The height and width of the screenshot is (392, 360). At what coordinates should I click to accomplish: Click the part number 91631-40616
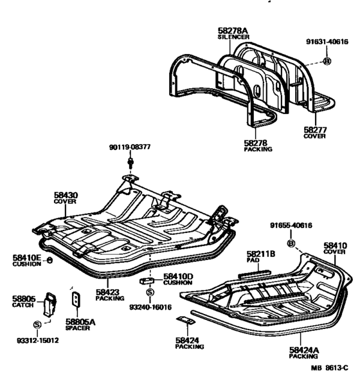pos(327,42)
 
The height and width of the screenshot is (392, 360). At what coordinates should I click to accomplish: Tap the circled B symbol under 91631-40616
pos(327,61)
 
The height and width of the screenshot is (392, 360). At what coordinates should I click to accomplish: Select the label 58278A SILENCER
pos(233,33)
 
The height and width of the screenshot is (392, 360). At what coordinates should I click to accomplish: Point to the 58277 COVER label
pos(315,133)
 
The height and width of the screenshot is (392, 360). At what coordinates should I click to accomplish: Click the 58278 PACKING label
pos(258,145)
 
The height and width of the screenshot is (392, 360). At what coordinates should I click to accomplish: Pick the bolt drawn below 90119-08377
pos(130,162)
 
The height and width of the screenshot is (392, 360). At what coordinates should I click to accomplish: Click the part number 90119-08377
pos(130,147)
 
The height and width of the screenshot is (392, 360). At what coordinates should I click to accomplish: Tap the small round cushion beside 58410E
pos(50,261)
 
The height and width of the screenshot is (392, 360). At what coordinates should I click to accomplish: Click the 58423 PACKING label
pos(110,295)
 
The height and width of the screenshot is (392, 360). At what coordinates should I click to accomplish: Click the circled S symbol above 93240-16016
pos(150,292)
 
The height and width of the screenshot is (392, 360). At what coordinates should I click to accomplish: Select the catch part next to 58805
pos(50,304)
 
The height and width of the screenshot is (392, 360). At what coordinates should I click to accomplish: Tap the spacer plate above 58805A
pos(76,299)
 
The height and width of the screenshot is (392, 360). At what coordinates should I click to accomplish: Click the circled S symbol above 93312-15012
pos(37,325)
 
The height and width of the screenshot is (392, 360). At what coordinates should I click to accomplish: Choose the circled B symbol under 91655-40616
pos(291,243)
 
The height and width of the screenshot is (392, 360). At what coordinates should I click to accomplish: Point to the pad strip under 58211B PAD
pos(254,274)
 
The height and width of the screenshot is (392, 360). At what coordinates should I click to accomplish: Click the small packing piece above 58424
pos(186,320)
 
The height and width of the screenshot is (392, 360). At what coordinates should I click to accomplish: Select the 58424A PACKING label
pos(304,353)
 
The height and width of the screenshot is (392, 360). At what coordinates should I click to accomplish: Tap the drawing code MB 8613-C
pos(329,368)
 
